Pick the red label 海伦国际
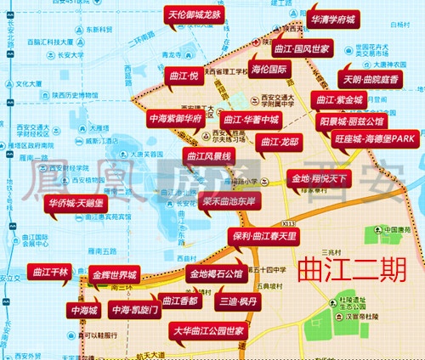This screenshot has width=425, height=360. coord(273,69)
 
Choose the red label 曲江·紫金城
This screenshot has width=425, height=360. coord(340,100)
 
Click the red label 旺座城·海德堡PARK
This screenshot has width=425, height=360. coord(374,138)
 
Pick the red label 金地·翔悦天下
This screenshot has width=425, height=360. coord(320,179)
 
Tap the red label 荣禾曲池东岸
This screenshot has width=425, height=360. coord(229,201)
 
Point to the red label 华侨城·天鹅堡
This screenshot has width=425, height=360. coord(76,204)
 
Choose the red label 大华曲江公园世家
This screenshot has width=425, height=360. coord(209,329)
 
